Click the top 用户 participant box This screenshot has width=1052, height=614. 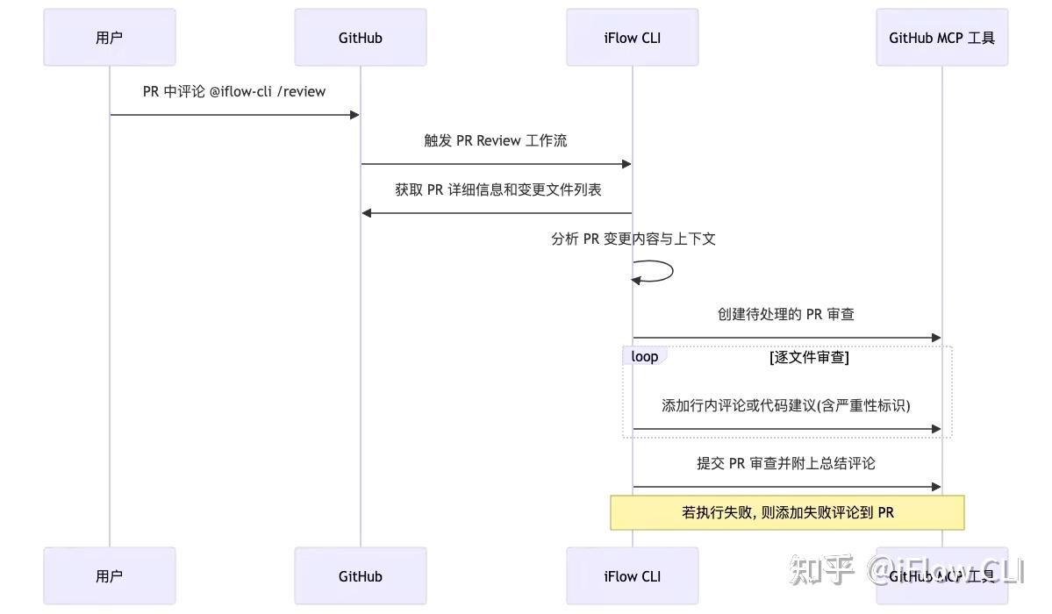click(x=110, y=38)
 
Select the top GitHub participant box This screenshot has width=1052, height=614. click(x=361, y=38)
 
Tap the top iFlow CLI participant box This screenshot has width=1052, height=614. click(x=632, y=38)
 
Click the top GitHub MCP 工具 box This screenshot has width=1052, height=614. click(x=941, y=38)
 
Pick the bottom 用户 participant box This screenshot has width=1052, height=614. click(x=110, y=576)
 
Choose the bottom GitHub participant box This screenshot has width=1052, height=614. click(x=361, y=576)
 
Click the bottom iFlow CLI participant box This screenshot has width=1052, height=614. click(x=632, y=576)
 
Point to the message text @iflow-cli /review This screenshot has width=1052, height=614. click(x=268, y=91)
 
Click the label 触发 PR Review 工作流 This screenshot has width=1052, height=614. click(x=496, y=140)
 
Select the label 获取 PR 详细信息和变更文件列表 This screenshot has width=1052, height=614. click(x=497, y=189)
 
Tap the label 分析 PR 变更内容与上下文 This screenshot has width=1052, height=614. click(x=633, y=239)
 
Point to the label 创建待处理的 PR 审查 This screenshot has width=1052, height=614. click(x=786, y=314)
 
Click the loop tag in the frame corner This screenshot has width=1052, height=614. click(x=645, y=356)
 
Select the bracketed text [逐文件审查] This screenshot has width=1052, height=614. click(x=809, y=357)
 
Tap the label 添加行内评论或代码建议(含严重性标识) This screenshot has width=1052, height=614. click(x=786, y=405)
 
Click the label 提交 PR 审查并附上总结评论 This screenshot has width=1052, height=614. click(x=786, y=463)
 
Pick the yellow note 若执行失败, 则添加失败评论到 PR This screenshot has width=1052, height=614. click(x=787, y=512)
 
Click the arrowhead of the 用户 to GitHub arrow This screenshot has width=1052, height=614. click(x=354, y=115)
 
